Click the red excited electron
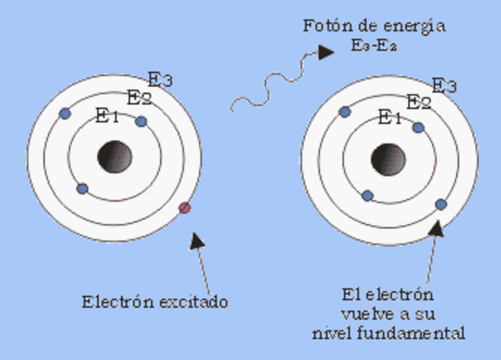coord(185,208)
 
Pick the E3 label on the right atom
coord(444,85)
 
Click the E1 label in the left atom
coord(106,117)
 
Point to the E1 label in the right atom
coord(389,117)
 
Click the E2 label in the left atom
coord(139,97)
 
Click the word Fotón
coord(323,26)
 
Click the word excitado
coord(196,301)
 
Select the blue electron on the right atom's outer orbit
coord(441,204)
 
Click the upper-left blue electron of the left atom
coord(65,113)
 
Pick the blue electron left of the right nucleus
coord(367,195)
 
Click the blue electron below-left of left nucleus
coord(82,189)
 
